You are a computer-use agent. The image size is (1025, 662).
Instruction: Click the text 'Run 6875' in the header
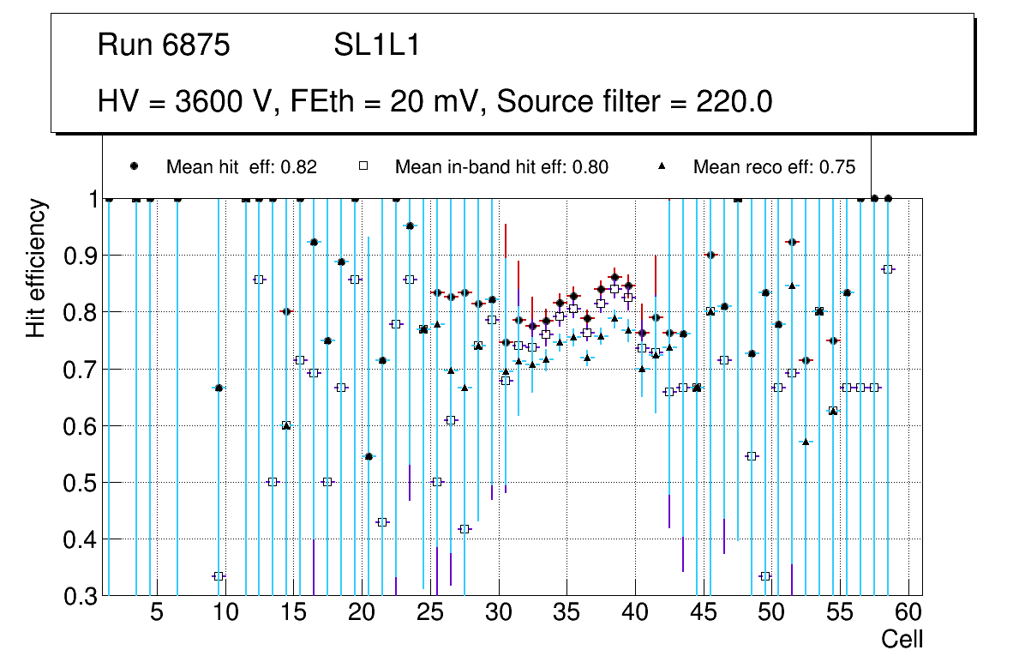tap(164, 45)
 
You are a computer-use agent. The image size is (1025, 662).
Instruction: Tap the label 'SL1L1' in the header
tap(376, 45)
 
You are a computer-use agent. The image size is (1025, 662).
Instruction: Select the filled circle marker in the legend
tap(134, 166)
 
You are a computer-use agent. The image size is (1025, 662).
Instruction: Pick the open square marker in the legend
tap(363, 166)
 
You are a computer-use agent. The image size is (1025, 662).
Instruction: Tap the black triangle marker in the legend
tap(662, 166)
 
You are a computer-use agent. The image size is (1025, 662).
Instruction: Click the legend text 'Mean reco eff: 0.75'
tap(774, 167)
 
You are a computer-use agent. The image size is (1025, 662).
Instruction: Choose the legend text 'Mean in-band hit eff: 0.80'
tap(501, 167)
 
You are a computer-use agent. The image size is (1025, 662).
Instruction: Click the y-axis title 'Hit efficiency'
tap(37, 268)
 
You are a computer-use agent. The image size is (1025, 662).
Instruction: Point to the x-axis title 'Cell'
tap(902, 639)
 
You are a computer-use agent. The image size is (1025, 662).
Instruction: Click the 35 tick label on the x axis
tap(566, 613)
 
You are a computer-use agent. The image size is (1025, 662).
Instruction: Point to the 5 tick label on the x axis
tap(157, 613)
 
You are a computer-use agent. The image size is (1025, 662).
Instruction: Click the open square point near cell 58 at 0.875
tap(888, 269)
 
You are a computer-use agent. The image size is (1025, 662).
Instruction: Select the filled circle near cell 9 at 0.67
tap(219, 388)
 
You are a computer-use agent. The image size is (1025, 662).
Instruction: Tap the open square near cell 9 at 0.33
tap(219, 576)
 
